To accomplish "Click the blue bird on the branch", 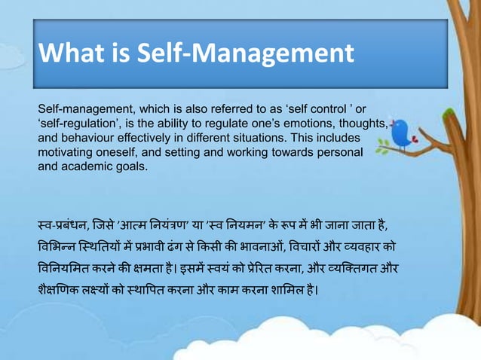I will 400,133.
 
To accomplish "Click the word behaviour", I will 87,139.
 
